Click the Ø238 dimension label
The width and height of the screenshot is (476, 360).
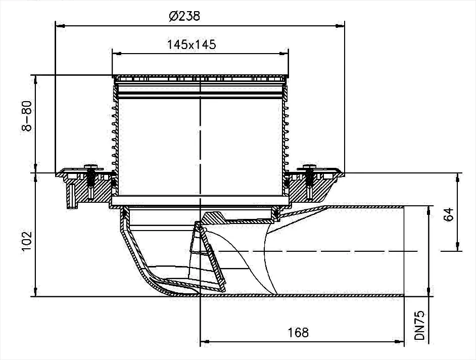(184, 16)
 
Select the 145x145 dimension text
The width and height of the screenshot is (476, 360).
(192, 44)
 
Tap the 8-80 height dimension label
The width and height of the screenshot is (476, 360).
(27, 116)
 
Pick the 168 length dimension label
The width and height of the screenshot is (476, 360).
(299, 332)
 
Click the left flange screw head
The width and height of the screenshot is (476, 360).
(91, 166)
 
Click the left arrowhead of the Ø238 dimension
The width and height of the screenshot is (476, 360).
(58, 24)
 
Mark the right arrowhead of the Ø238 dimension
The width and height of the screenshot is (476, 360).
(341, 24)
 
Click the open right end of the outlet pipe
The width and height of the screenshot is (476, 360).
(404, 251)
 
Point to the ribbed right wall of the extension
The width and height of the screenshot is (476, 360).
(286, 131)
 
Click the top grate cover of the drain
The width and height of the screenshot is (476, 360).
(201, 78)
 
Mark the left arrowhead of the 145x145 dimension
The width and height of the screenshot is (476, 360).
(115, 52)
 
